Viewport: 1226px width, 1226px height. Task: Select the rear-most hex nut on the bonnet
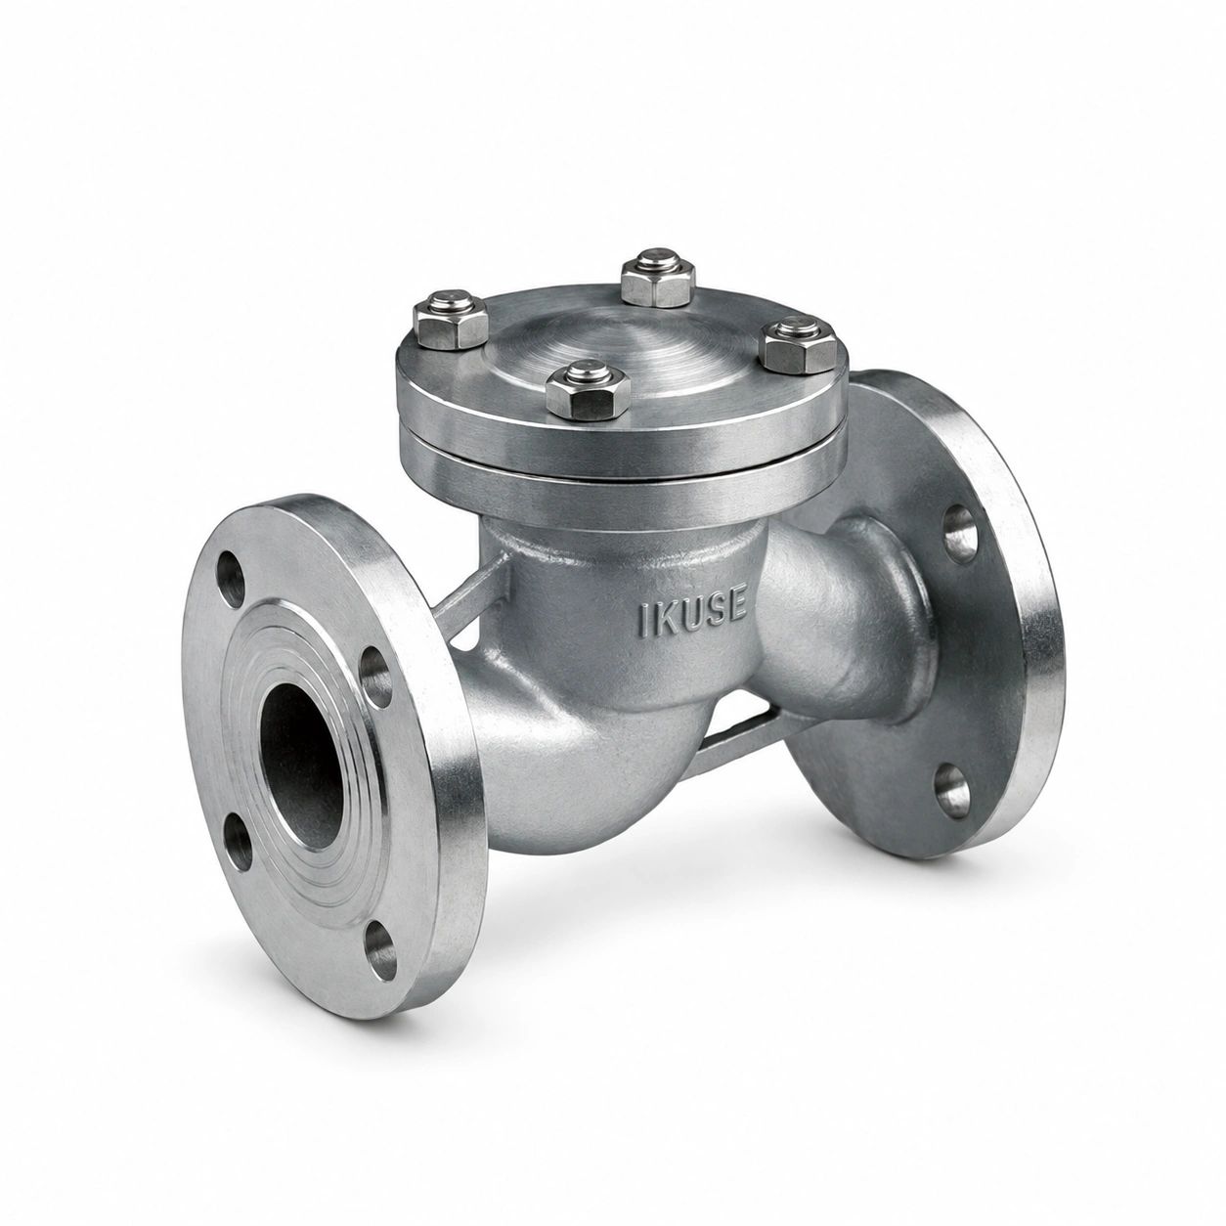coord(656,280)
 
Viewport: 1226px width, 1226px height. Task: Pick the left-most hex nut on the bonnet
coord(450,321)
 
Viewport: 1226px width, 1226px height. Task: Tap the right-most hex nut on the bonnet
coord(800,345)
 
